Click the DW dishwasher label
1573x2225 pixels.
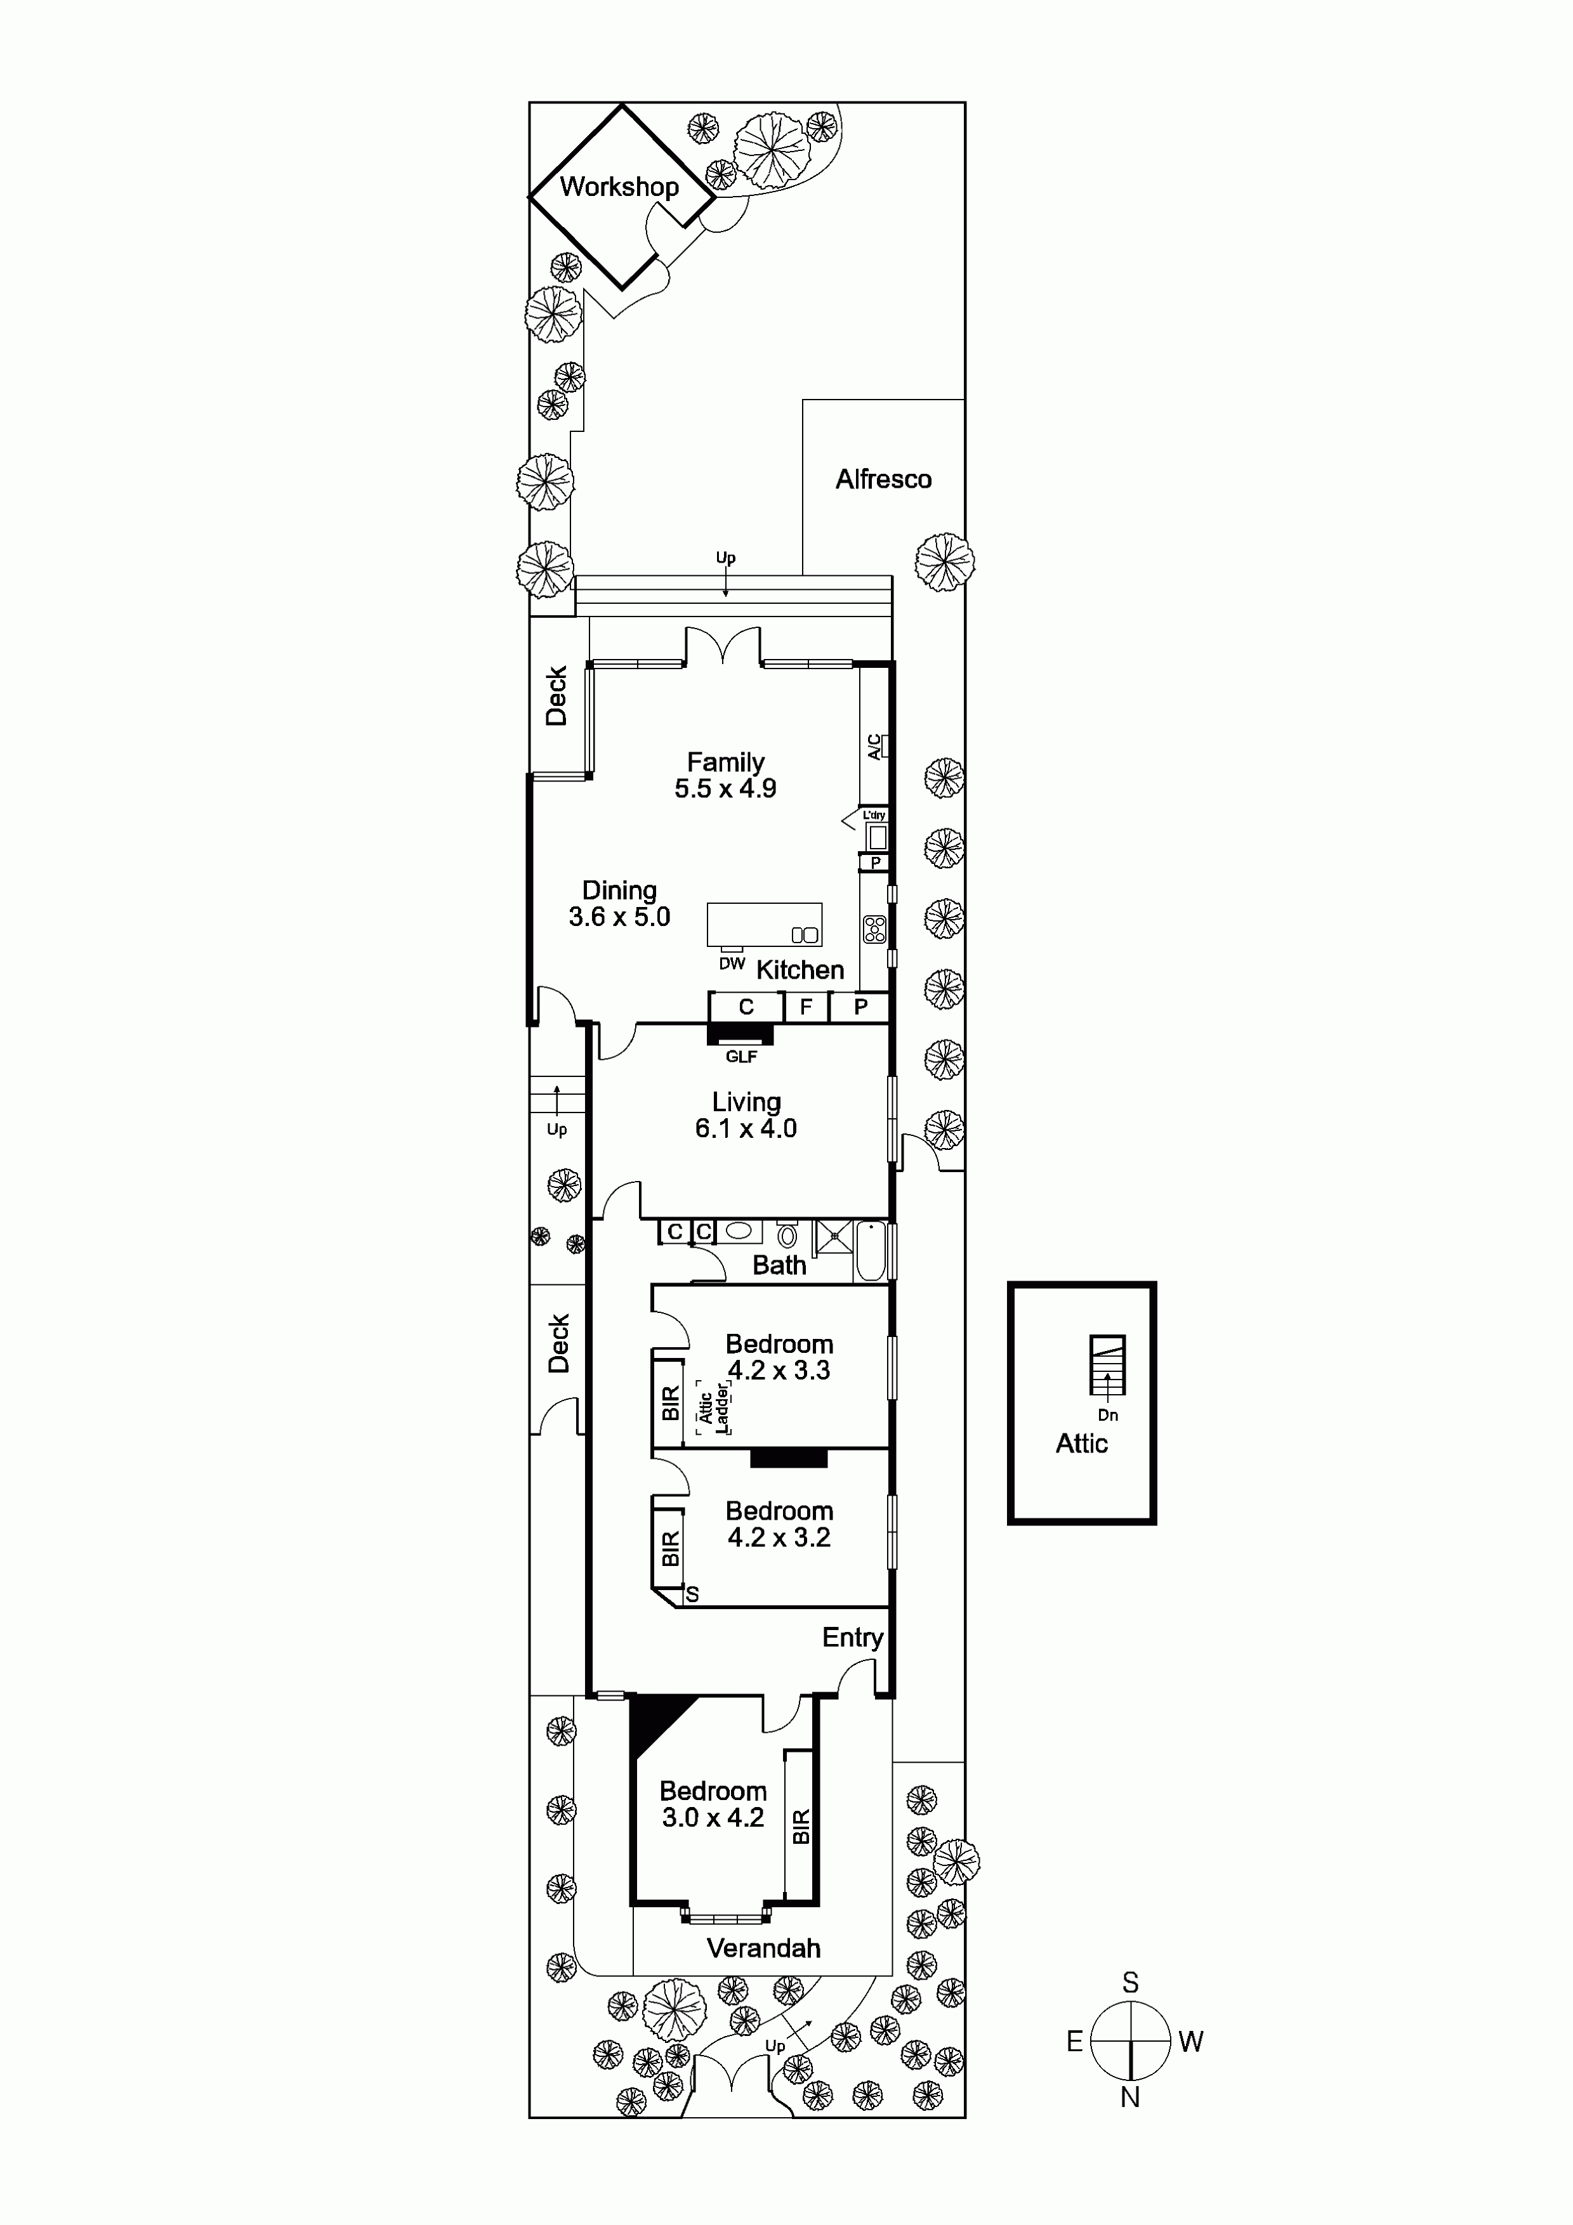pyautogui.click(x=732, y=963)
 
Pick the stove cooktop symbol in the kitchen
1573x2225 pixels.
pyautogui.click(x=875, y=929)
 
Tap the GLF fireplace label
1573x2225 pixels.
pyautogui.click(x=741, y=1056)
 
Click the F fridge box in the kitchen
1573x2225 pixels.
pyautogui.click(x=805, y=1007)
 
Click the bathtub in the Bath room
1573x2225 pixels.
pyautogui.click(x=871, y=1252)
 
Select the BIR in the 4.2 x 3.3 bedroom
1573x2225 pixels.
pyautogui.click(x=669, y=1403)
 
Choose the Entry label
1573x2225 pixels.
pyautogui.click(x=852, y=1638)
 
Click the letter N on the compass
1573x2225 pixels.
pyautogui.click(x=1130, y=2097)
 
